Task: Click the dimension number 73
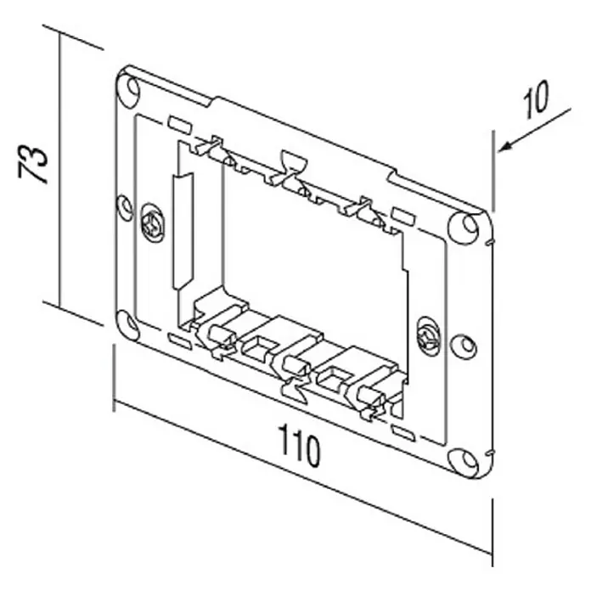(33, 164)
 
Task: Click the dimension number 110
(300, 446)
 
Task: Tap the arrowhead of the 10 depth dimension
(504, 148)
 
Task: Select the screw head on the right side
(430, 336)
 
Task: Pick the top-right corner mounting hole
(467, 226)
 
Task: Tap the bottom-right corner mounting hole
(467, 463)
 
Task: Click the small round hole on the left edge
(125, 206)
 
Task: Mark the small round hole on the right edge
(464, 346)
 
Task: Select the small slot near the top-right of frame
(404, 215)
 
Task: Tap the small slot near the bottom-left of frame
(180, 340)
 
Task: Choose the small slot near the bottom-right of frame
(403, 432)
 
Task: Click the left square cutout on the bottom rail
(259, 347)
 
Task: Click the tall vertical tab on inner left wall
(183, 231)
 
